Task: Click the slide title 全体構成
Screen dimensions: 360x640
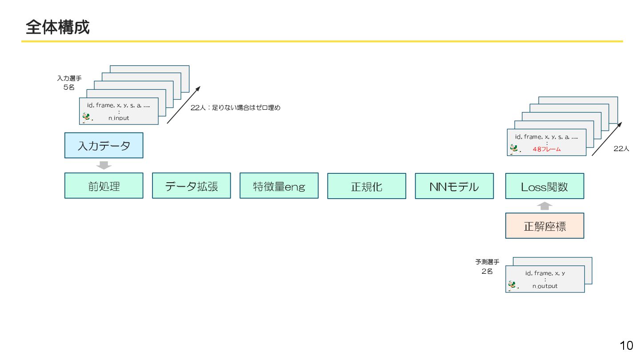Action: [x=58, y=27]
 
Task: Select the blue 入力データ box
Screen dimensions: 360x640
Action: [x=104, y=145]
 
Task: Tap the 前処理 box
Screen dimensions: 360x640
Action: [x=104, y=186]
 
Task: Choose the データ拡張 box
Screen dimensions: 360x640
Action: [x=191, y=186]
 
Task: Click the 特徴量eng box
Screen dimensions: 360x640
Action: [x=279, y=186]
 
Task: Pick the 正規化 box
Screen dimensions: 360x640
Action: [x=366, y=186]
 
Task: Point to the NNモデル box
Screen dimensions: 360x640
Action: [x=454, y=186]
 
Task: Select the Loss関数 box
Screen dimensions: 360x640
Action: [x=544, y=186]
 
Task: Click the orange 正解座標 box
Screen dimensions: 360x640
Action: [x=544, y=226]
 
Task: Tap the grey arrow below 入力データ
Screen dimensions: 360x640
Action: [x=104, y=165]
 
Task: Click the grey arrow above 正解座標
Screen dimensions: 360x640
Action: [x=544, y=206]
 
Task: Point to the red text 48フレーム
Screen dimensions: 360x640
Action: [x=547, y=149]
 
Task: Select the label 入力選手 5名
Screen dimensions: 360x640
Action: [x=69, y=83]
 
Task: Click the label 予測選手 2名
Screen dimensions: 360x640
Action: [x=487, y=267]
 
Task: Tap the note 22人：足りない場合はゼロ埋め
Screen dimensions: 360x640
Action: [x=236, y=108]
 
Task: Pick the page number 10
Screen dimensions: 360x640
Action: [x=626, y=345]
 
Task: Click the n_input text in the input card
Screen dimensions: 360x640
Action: [x=119, y=118]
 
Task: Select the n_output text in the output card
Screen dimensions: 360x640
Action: [x=545, y=286]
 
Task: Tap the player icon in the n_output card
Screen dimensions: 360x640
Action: [x=513, y=285]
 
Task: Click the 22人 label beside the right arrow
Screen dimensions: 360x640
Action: [x=621, y=149]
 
